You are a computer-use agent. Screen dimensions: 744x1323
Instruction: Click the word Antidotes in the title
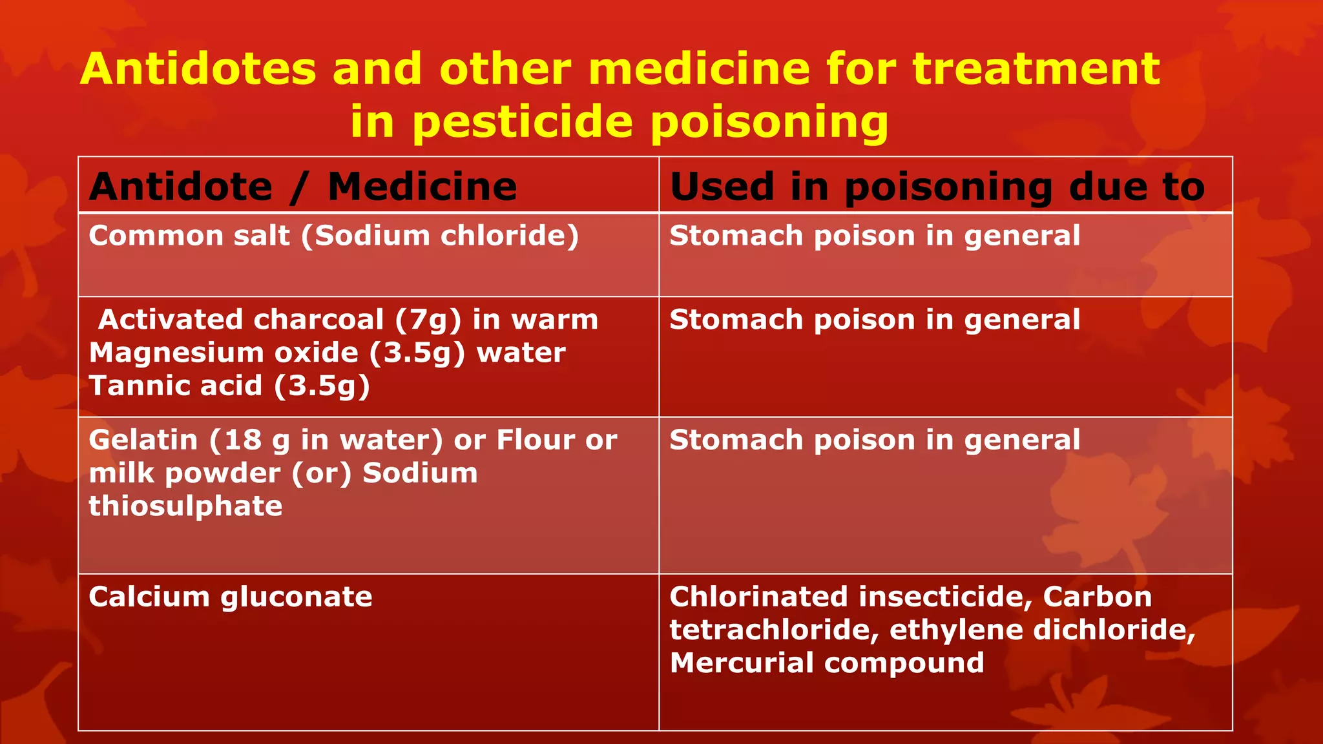pyautogui.click(x=198, y=69)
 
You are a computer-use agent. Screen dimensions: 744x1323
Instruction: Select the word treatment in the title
pyautogui.click(x=1036, y=69)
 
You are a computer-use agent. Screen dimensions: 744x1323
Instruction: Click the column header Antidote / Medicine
pyautogui.click(x=303, y=187)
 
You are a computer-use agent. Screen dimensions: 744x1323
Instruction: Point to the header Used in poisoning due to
pyautogui.click(x=937, y=187)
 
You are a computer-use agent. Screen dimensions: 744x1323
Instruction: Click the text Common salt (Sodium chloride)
pyautogui.click(x=333, y=236)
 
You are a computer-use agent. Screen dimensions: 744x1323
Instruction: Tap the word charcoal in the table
pyautogui.click(x=318, y=320)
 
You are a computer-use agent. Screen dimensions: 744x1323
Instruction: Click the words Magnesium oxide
pyautogui.click(x=224, y=353)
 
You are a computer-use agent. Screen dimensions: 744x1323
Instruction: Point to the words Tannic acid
pyautogui.click(x=175, y=386)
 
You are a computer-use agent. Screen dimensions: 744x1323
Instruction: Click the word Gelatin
pyautogui.click(x=143, y=440)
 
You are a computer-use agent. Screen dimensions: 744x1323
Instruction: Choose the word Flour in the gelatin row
pyautogui.click(x=536, y=440)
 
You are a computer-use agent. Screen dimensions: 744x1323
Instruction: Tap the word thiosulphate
pyautogui.click(x=185, y=506)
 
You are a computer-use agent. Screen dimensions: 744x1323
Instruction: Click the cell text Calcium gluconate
pyautogui.click(x=231, y=597)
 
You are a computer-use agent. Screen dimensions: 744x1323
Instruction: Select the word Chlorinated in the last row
pyautogui.click(x=758, y=597)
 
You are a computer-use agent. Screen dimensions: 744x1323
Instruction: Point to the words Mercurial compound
pyautogui.click(x=827, y=663)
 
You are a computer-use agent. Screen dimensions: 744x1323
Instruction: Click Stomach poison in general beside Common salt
pyautogui.click(x=875, y=236)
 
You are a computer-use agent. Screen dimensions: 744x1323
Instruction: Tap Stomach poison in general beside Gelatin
pyautogui.click(x=875, y=440)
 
